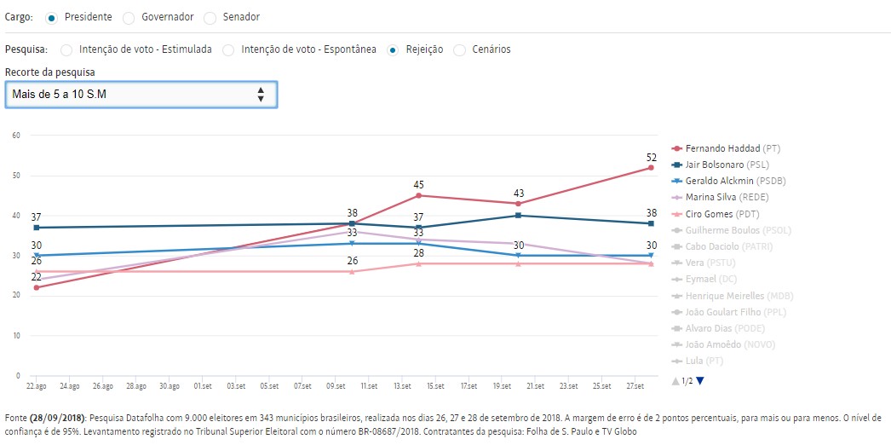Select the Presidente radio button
[x=53, y=17]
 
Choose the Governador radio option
[x=129, y=17]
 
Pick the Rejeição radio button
[x=394, y=49]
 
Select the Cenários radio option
[x=461, y=49]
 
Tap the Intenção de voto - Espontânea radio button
[x=228, y=49]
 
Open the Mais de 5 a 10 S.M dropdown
[x=141, y=95]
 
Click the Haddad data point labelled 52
[x=651, y=167]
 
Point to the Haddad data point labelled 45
[x=418, y=195]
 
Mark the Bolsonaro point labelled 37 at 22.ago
[x=36, y=228]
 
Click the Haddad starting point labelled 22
[x=36, y=287]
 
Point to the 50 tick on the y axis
[x=16, y=176]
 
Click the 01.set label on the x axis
[x=202, y=386]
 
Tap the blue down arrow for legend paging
[x=700, y=381]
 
